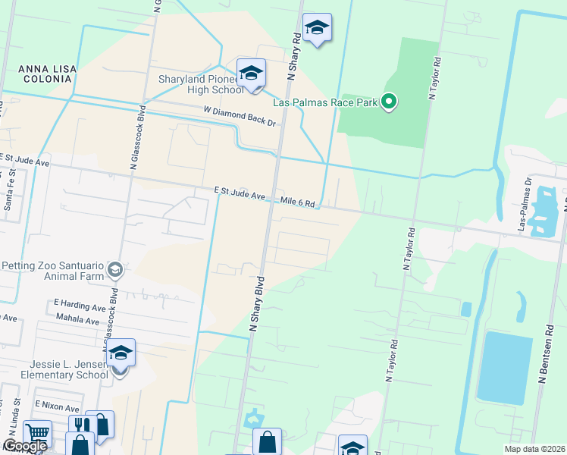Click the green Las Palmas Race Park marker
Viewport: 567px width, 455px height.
pyautogui.click(x=389, y=101)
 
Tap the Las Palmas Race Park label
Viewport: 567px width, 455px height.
pyautogui.click(x=327, y=101)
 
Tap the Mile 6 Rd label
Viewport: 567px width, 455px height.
pyautogui.click(x=297, y=202)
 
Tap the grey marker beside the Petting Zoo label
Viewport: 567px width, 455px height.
pyautogui.click(x=115, y=269)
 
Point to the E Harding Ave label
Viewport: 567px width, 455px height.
pyautogui.click(x=80, y=308)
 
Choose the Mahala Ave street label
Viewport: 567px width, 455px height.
pyautogui.click(x=78, y=321)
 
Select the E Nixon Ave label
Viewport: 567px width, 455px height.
pyautogui.click(x=56, y=408)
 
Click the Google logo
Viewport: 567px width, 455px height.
pyautogui.click(x=25, y=447)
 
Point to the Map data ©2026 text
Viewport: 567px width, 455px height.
pyautogui.click(x=534, y=449)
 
